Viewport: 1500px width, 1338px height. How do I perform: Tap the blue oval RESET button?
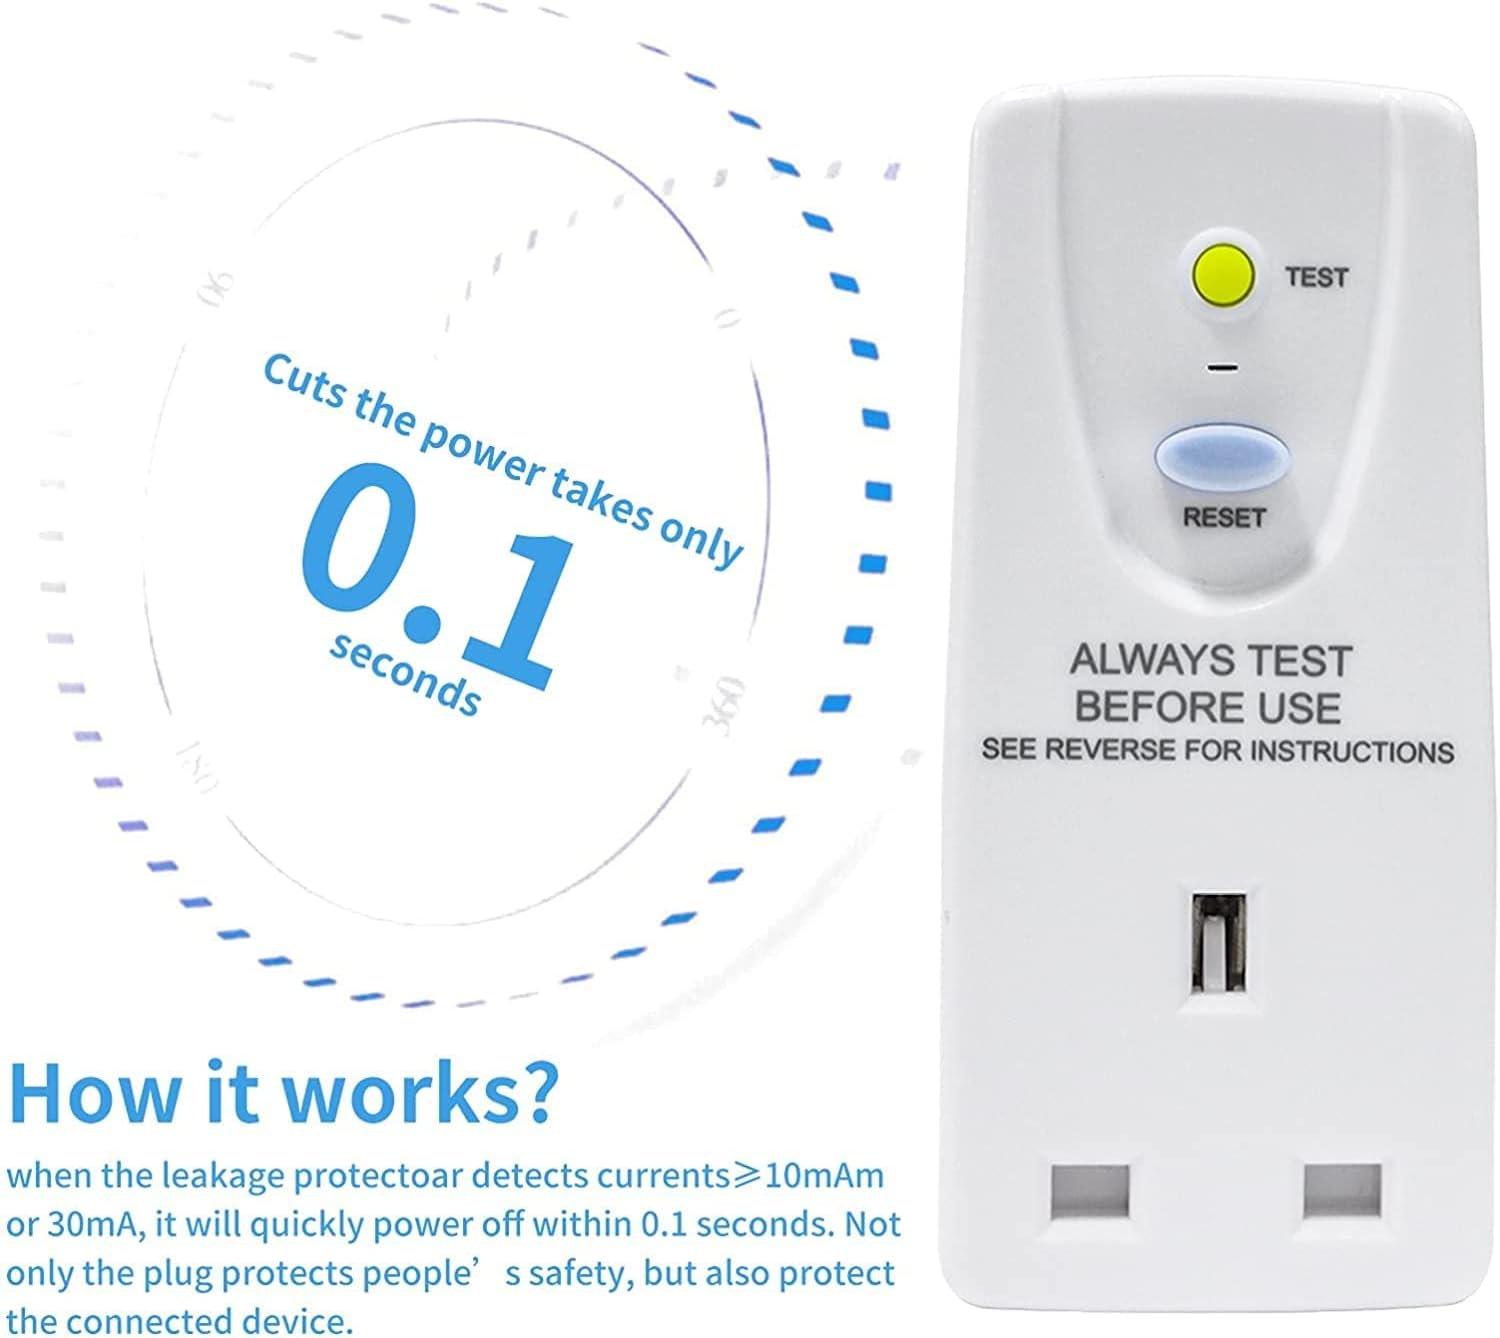coord(1222,458)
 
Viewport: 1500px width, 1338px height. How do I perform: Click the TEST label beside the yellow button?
coord(1316,278)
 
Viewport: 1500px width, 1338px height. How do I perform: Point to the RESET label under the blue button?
coord(1223,518)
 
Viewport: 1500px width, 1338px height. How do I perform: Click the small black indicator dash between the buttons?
coord(1221,368)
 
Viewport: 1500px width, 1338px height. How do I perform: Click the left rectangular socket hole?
coord(1090,1191)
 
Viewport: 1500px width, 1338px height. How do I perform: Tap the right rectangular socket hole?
coord(1342,1190)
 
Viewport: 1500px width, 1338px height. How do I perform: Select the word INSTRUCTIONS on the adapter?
coord(1352,752)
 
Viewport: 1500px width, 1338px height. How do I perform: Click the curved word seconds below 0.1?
coord(404,675)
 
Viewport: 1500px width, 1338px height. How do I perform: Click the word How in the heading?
coord(95,1093)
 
